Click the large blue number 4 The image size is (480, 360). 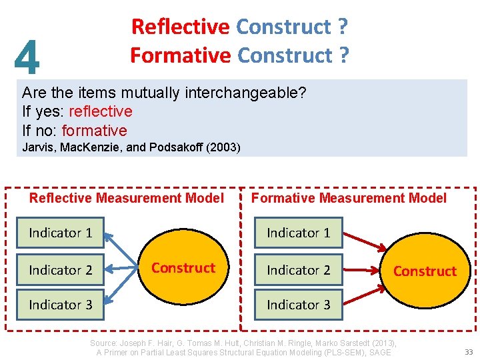pos(27,57)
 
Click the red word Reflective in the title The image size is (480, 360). pos(180,27)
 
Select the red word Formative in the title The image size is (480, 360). pos(180,55)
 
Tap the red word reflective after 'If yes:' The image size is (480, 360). pos(100,111)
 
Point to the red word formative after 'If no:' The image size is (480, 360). pos(94,130)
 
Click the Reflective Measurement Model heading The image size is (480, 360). pos(127,198)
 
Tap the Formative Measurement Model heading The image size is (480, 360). pos(349,198)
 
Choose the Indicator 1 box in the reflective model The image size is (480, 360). pos(61,233)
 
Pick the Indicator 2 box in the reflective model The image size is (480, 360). pos(61,270)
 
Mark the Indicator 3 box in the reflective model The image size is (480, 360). pos(61,305)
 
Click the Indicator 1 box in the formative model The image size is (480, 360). pos(299,233)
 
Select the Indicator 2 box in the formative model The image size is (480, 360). pos(299,270)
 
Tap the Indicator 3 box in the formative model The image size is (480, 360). pos(299,305)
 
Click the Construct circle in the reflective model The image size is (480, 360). pos(183,268)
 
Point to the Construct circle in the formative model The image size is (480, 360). pos(425,271)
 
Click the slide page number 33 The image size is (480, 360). pos(468,352)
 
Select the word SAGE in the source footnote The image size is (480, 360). pos(379,352)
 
